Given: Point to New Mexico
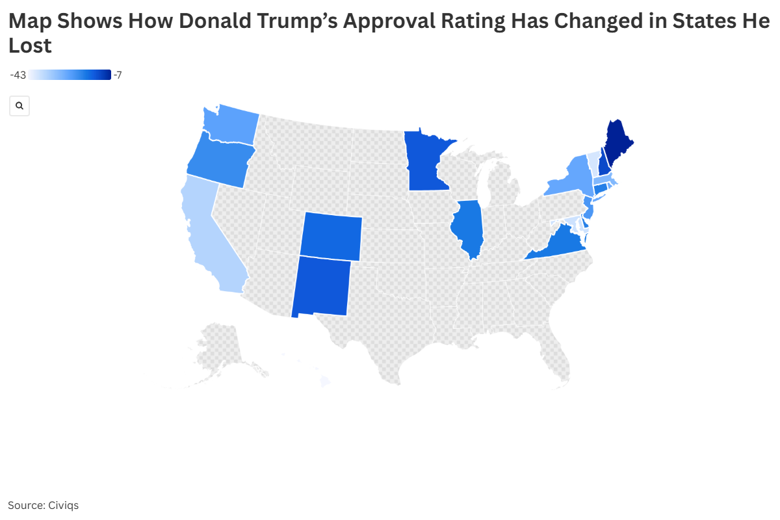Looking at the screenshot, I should [x=320, y=285].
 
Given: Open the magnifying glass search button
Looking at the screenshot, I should [x=19, y=105].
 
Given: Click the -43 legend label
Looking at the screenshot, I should [x=18, y=75].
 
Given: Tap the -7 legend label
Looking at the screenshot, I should [x=118, y=75].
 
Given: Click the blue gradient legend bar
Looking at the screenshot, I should [x=70, y=75].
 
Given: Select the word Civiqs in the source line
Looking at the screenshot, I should [x=64, y=505].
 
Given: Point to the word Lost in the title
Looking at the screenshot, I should [x=30, y=46].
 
